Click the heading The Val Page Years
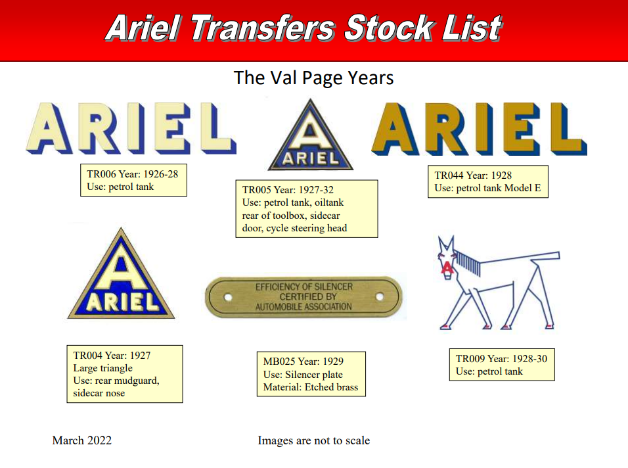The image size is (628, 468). pyautogui.click(x=313, y=78)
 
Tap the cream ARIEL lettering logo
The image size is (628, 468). pyautogui.click(x=131, y=128)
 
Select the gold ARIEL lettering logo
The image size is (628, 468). pyautogui.click(x=479, y=129)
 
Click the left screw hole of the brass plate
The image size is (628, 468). pyautogui.click(x=228, y=297)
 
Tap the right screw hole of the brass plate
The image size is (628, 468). pyautogui.click(x=380, y=297)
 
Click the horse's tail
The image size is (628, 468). pyautogui.click(x=545, y=256)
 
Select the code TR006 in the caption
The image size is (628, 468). pyautogui.click(x=101, y=174)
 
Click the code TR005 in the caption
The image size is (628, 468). pyautogui.click(x=257, y=189)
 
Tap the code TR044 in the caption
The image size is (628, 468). pyautogui.click(x=449, y=175)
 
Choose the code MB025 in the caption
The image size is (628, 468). pyautogui.click(x=279, y=361)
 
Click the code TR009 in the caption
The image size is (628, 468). pyautogui.click(x=470, y=359)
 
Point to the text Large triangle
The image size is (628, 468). pyautogui.click(x=102, y=368)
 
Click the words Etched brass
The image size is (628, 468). pyautogui.click(x=331, y=387)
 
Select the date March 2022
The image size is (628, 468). pyautogui.click(x=81, y=440)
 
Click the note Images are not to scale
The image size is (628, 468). pyautogui.click(x=313, y=440)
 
